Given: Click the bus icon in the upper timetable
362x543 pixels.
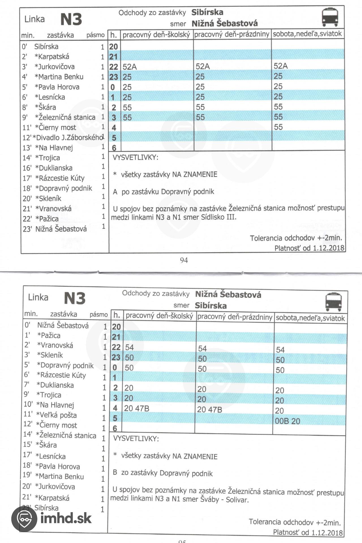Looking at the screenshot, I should click(x=330, y=17).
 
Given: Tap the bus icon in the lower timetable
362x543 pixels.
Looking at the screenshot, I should click(x=333, y=302).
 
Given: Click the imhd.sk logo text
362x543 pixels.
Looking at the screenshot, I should click(x=66, y=518).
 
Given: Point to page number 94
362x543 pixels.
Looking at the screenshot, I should click(x=184, y=260).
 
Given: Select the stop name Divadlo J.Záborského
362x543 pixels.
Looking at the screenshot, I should click(x=68, y=138).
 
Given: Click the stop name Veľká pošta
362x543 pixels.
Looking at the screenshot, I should click(x=56, y=415).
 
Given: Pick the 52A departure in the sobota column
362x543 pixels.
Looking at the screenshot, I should click(x=280, y=66).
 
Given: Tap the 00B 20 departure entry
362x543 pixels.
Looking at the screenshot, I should click(x=287, y=421).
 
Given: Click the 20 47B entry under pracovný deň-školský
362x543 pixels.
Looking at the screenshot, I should click(x=136, y=408).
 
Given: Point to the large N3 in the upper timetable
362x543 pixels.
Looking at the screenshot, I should click(x=71, y=20).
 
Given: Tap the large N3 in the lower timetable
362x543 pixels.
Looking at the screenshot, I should click(x=74, y=298).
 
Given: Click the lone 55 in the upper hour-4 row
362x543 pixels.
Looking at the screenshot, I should click(x=278, y=127).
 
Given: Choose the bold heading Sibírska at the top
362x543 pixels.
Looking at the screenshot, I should click(x=207, y=12).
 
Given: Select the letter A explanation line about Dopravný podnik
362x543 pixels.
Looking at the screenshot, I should click(x=164, y=192).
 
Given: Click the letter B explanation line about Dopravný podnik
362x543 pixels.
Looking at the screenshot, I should click(x=162, y=473).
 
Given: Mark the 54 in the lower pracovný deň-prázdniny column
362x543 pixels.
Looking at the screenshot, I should click(x=202, y=348).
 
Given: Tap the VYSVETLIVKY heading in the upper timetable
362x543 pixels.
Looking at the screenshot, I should click(x=135, y=158).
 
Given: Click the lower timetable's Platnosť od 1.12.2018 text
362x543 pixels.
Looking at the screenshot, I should click(x=308, y=532).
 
